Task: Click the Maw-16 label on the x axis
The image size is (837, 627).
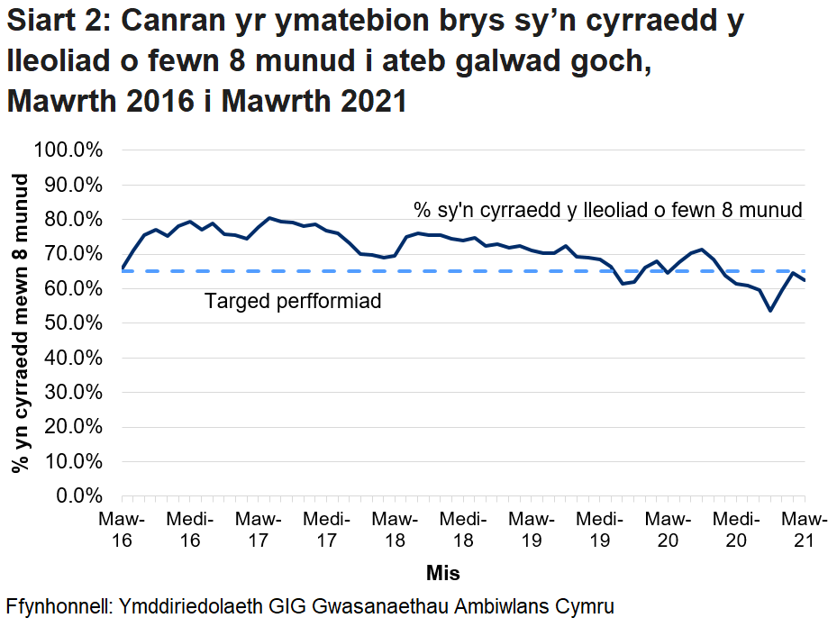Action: (x=122, y=530)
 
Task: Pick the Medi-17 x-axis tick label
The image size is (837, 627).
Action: (x=326, y=530)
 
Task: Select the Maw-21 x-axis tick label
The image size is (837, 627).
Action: (x=804, y=530)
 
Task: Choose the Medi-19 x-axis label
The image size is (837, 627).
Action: (x=599, y=530)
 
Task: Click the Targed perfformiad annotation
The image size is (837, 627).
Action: (x=293, y=301)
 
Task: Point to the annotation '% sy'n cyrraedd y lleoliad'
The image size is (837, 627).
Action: (x=607, y=211)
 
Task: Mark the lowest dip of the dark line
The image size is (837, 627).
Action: (x=770, y=311)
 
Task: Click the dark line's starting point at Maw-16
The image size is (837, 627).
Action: (x=123, y=268)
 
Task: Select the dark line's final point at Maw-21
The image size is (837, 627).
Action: (x=804, y=280)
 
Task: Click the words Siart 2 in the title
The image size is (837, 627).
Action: (x=55, y=22)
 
